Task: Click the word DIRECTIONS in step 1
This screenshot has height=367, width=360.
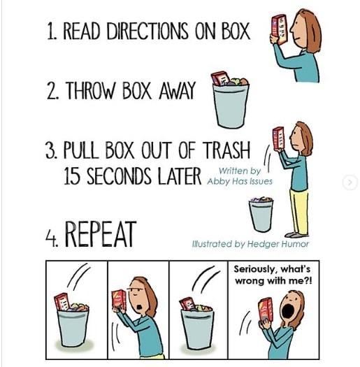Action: (147, 31)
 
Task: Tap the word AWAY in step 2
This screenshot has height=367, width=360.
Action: (177, 91)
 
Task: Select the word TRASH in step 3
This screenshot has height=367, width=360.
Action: (226, 150)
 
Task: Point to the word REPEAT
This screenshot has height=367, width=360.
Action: (101, 234)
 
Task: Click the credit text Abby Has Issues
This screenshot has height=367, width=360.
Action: (240, 181)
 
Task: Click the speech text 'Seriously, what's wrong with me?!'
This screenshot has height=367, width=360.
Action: (273, 275)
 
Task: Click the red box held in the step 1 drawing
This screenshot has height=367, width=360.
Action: (279, 29)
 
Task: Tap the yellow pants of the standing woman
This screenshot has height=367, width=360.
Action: (299, 212)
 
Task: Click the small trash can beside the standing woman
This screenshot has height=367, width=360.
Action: (261, 215)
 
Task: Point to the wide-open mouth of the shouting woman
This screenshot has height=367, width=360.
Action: (288, 310)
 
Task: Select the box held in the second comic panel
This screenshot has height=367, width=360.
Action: (119, 301)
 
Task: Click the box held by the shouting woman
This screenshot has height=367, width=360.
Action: (266, 310)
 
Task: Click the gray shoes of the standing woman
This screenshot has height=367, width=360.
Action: (296, 235)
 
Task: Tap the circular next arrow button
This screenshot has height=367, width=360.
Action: (350, 182)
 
